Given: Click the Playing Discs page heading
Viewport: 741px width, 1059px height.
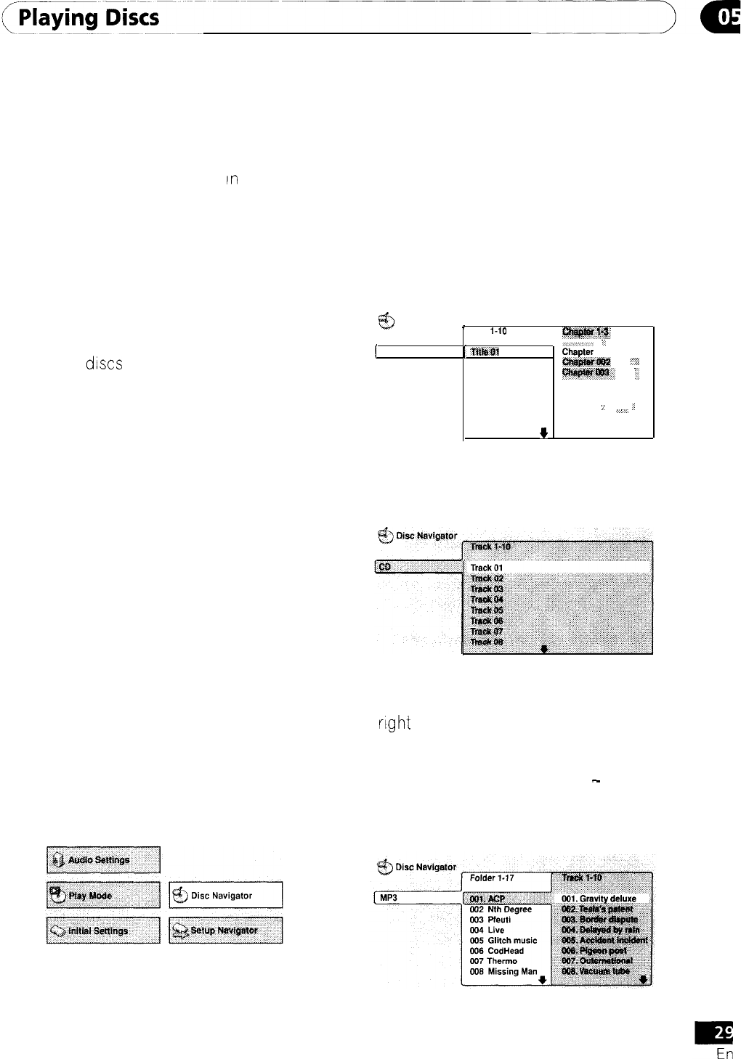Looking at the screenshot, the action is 89,17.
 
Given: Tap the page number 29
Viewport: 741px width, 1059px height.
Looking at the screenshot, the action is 721,1031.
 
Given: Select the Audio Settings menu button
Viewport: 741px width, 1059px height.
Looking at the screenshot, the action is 103,860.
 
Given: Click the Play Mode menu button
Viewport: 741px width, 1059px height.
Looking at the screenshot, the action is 103,895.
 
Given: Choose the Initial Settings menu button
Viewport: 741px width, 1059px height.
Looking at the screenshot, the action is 103,931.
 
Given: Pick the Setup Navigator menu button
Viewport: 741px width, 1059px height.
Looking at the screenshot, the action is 225,931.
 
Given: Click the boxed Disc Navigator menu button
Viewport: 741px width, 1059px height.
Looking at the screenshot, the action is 225,895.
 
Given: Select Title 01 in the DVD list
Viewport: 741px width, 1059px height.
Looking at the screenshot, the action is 485,352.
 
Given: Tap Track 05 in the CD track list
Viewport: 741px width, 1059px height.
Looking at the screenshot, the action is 487,610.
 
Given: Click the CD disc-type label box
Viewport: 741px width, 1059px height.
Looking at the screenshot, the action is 418,567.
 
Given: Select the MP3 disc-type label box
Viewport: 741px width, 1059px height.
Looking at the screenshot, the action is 417,898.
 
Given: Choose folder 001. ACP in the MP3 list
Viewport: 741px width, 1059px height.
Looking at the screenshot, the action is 487,899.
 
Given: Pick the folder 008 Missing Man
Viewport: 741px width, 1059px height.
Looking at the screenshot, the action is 503,971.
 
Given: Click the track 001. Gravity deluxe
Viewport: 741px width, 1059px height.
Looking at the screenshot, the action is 599,899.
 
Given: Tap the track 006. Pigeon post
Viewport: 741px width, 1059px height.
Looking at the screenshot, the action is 594,950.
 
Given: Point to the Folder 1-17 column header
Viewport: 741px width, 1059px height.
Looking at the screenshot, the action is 492,878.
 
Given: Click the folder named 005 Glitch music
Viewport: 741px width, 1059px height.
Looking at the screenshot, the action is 503,940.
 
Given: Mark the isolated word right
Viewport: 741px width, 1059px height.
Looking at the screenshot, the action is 394,723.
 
